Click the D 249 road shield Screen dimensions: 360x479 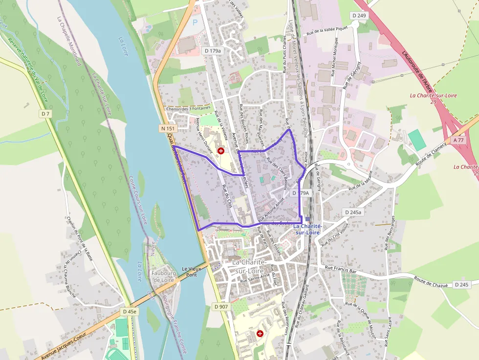(x=359, y=16)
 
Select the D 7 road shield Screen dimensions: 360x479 (x=45, y=114)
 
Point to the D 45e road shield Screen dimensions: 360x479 (x=130, y=311)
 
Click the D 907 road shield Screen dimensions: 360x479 (x=220, y=307)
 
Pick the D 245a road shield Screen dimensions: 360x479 (x=352, y=212)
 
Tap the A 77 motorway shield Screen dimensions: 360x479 (x=458, y=140)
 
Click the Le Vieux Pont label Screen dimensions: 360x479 (x=192, y=272)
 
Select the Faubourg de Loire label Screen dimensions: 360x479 (x=163, y=276)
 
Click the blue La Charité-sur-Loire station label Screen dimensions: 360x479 (x=307, y=229)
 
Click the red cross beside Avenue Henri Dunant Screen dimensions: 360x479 (x=221, y=151)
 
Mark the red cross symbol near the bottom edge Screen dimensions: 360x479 (x=260, y=333)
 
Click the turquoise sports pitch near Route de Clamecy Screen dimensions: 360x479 (x=417, y=140)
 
